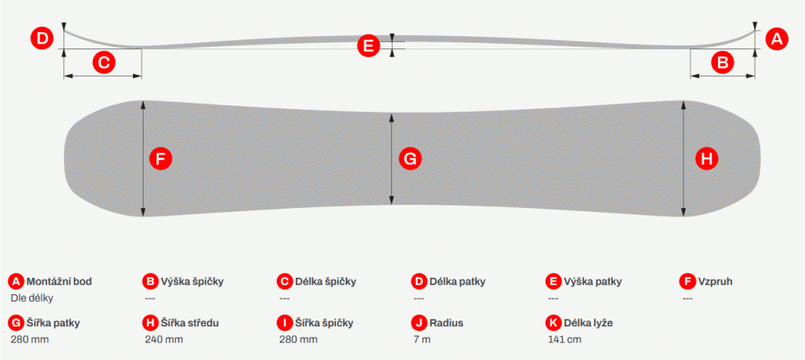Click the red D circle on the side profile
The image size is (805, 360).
click(x=42, y=39)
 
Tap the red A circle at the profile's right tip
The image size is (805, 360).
click(x=777, y=39)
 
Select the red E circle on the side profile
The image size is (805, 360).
click(x=368, y=46)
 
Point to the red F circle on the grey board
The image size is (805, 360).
click(x=161, y=159)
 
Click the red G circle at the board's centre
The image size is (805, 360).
click(x=410, y=159)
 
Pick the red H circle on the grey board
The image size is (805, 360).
click(x=707, y=159)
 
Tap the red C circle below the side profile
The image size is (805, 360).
click(x=103, y=62)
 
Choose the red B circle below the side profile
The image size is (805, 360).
click(x=722, y=62)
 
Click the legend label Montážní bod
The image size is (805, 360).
click(x=59, y=281)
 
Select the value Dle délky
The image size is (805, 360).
click(x=32, y=298)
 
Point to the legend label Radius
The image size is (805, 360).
click(x=446, y=323)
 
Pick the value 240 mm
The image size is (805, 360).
click(x=163, y=339)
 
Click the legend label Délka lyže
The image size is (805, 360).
click(x=588, y=323)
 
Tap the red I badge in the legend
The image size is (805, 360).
click(x=284, y=323)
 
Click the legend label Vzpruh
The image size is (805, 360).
click(x=715, y=281)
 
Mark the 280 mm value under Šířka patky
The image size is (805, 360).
click(x=30, y=339)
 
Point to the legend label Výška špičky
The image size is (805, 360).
click(x=192, y=281)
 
